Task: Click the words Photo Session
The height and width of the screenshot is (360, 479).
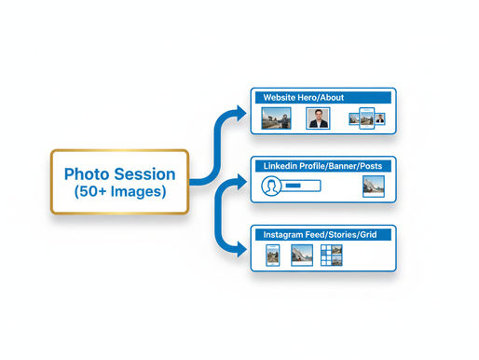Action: [x=119, y=173]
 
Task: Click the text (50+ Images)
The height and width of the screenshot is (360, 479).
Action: [x=119, y=193]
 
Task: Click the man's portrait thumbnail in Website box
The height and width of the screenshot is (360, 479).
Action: [x=318, y=118]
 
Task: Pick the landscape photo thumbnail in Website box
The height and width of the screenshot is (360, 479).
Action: [x=275, y=118]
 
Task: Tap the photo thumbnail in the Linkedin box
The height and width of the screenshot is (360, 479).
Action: [x=373, y=186]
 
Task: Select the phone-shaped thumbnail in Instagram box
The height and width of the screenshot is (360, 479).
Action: [x=273, y=255]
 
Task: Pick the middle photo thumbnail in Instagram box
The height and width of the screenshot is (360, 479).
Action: [x=301, y=255]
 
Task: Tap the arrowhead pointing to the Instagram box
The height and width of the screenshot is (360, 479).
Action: [x=243, y=249]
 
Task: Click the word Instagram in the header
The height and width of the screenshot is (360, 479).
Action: [x=285, y=234]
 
